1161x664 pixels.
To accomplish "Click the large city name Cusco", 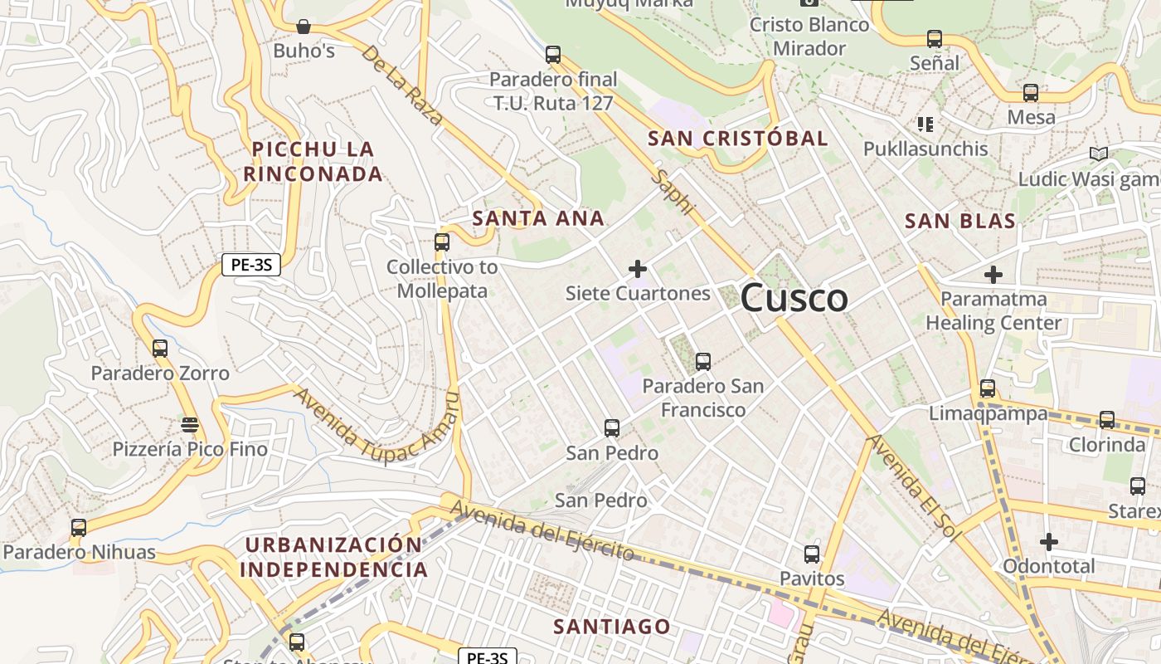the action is (x=794, y=298).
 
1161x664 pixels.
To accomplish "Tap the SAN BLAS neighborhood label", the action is (x=959, y=221).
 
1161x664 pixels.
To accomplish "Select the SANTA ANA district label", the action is (x=537, y=219).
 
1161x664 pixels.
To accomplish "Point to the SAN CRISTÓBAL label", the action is (x=737, y=139).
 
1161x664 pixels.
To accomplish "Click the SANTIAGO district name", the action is (x=611, y=626).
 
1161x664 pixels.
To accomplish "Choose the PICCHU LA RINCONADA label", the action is (x=313, y=162).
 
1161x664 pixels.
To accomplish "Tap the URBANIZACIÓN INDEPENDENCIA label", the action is (x=333, y=557).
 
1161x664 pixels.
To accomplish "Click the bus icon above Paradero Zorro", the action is (x=160, y=349).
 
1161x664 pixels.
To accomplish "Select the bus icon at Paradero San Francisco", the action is (x=702, y=361).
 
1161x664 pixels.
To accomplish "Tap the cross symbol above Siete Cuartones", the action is (x=637, y=269).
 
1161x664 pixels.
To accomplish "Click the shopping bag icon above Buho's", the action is (x=304, y=27).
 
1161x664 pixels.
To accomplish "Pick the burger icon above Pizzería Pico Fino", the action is (x=190, y=425).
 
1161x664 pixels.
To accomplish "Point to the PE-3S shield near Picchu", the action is (x=250, y=266).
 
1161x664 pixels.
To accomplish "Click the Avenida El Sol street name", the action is (x=913, y=487).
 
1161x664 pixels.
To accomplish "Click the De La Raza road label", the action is (x=403, y=85).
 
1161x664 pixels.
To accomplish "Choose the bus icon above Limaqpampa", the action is (x=987, y=388).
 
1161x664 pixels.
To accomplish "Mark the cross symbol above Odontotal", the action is (x=1048, y=542).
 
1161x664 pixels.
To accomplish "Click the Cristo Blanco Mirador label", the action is (x=809, y=37).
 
